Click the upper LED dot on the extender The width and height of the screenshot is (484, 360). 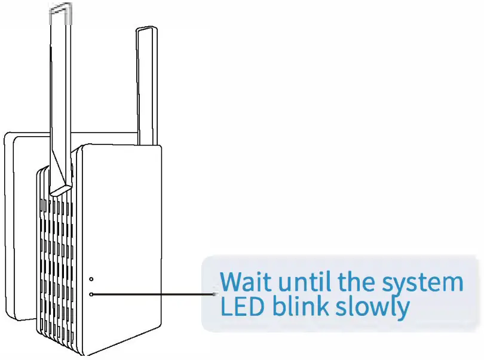[91, 279]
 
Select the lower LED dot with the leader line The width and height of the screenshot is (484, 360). [91, 294]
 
